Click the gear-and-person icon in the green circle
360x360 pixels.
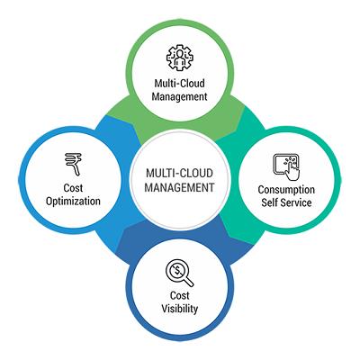180,58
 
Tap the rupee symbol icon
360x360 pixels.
73,164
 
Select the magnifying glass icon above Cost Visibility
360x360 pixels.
180,273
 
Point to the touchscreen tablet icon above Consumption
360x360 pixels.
286,167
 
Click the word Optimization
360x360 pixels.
73,202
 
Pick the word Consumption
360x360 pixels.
286,190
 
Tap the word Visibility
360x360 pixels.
180,309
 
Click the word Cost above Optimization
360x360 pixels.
73,188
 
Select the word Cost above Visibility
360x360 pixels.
180,295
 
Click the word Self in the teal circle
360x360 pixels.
268,202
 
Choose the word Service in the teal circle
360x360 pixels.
295,202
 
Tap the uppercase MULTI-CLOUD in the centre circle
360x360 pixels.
179,173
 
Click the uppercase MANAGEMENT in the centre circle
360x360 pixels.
179,187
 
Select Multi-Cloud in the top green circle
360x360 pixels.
180,83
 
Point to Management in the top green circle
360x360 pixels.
180,96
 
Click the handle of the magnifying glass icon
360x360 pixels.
188,282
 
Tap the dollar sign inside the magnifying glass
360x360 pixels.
177,271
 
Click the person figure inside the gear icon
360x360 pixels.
180,58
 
